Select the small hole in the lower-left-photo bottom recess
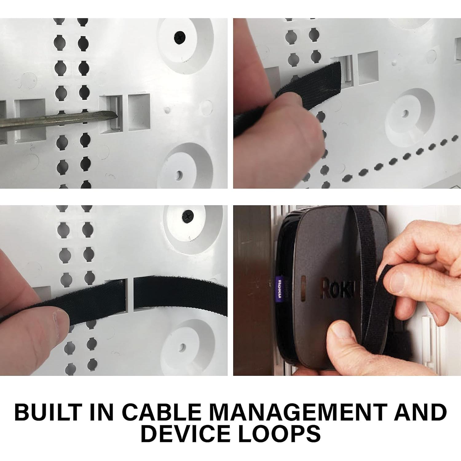point(183,347)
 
